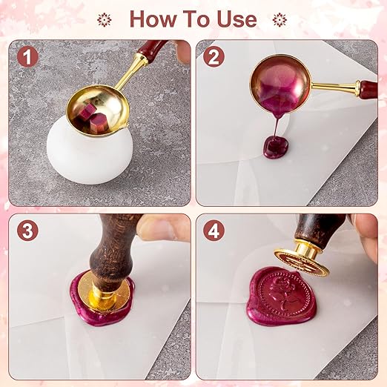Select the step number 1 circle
[x=28, y=56]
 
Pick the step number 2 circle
[x=215, y=56]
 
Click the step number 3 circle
[x=28, y=231]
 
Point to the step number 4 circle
[x=215, y=231]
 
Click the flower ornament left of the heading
[x=105, y=19]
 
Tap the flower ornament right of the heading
[x=279, y=19]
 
